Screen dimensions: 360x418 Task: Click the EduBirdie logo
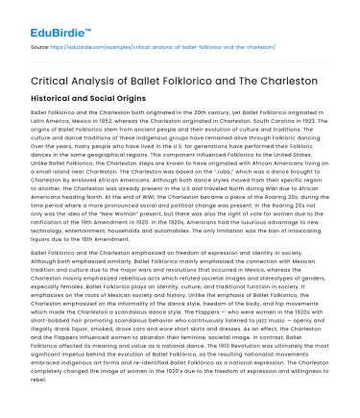coord(41,15)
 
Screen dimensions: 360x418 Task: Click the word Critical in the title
coord(55,80)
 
